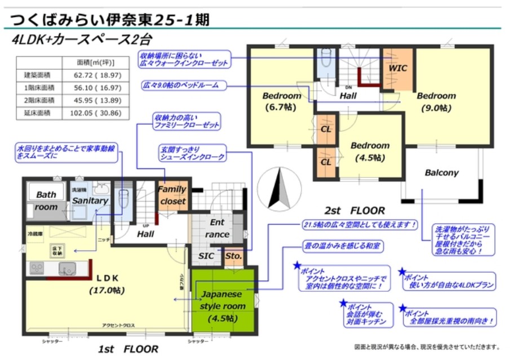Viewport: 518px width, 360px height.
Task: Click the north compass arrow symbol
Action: click(280, 188)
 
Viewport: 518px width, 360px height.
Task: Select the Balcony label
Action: click(441, 173)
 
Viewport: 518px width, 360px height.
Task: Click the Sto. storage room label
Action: click(233, 256)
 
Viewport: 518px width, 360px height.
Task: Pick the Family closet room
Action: click(172, 195)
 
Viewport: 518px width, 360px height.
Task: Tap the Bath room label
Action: click(46, 201)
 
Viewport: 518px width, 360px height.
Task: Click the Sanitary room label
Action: click(90, 201)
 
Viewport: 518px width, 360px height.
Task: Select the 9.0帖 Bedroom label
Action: click(436, 101)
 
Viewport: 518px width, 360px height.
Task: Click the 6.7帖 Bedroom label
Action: click(282, 101)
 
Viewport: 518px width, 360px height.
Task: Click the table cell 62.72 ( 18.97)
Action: click(100, 75)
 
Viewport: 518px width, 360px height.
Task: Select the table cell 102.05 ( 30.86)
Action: click(100, 113)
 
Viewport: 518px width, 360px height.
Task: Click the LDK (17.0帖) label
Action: click(107, 284)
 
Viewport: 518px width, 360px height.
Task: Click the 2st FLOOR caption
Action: click(355, 211)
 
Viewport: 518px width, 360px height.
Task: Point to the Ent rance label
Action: click(217, 228)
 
